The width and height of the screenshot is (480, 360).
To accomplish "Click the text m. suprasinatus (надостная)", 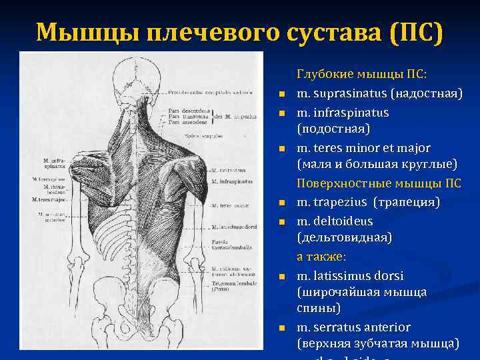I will point(379,93).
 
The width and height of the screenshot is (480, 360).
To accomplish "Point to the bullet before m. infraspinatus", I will point(282,113).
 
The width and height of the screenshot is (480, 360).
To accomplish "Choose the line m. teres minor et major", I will point(363,147).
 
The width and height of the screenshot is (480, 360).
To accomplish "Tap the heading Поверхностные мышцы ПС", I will point(379,183).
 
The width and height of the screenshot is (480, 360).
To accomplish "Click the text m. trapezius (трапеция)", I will point(368,202).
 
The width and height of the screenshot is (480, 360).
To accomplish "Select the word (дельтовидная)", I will point(344,237).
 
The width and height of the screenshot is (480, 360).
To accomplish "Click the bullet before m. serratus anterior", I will point(282,328).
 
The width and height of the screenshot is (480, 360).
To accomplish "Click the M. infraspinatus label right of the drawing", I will point(233,181).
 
